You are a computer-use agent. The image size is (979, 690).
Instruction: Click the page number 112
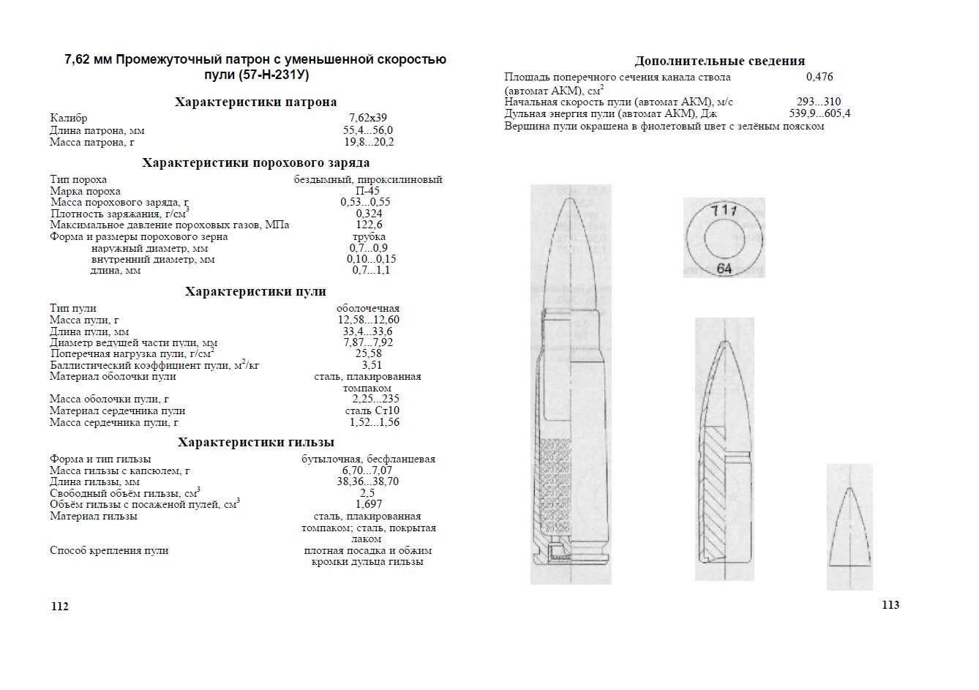[x=59, y=607]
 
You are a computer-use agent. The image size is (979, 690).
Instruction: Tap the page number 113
[x=890, y=604]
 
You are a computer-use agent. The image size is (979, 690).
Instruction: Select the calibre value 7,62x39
[x=368, y=118]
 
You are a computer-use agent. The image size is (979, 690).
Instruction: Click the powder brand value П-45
[x=367, y=191]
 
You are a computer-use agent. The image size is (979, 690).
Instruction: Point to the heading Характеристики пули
[x=255, y=291]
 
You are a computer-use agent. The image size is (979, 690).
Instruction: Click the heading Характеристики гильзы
[x=255, y=442]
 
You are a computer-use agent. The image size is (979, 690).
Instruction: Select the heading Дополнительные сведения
[x=719, y=61]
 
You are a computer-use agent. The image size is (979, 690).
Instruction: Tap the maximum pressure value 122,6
[x=369, y=225]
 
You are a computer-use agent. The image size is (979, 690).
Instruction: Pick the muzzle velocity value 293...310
[x=819, y=102]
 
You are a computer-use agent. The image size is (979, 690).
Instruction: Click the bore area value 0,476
[x=819, y=77]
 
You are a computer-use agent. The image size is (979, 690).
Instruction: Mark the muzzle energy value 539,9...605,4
[x=819, y=113]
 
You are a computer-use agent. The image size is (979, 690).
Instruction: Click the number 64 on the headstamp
[x=724, y=269]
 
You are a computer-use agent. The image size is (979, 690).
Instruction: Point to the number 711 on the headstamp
[x=724, y=210]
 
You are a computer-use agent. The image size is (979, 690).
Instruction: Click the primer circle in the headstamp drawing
[x=724, y=239]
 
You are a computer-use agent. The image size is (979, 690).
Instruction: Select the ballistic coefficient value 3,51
[x=372, y=365]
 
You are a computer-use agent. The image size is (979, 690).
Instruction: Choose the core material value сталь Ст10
[x=372, y=410]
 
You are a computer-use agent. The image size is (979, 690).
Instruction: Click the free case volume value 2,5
[x=367, y=493]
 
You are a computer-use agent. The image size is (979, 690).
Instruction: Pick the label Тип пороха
[x=78, y=179]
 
